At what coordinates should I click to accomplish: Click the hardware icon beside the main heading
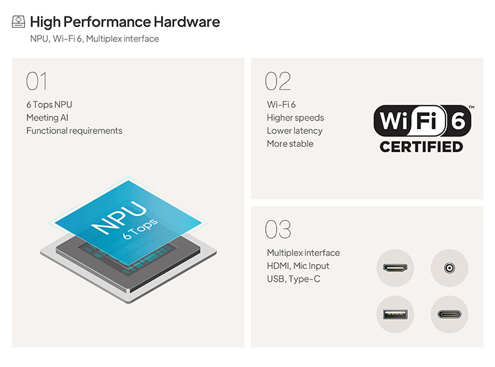18,22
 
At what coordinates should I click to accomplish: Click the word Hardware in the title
187,22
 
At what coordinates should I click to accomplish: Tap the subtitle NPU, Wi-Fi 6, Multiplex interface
94,39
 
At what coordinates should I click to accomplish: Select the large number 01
36,81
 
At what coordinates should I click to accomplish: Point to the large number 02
278,81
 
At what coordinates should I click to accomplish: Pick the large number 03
278,229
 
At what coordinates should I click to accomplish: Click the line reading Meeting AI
48,117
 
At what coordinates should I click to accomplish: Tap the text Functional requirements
74,130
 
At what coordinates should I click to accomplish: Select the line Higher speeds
295,118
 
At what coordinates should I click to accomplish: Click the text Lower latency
294,130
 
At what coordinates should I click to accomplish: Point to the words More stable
290,144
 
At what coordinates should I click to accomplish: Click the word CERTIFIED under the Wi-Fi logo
421,147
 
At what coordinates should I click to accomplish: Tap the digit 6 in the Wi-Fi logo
458,121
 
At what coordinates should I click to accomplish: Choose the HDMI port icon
395,268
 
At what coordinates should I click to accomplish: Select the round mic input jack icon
449,268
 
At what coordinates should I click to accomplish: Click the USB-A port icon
395,314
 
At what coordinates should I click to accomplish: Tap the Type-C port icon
449,314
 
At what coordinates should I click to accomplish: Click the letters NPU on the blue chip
119,217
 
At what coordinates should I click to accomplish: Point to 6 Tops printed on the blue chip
140,229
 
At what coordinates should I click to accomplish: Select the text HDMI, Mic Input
298,266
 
